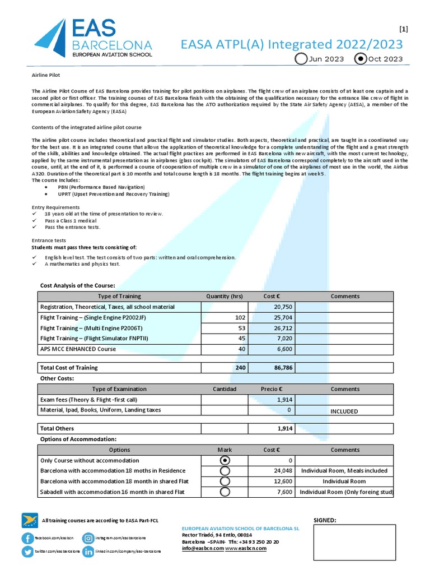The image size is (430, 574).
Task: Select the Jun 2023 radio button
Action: click(301, 59)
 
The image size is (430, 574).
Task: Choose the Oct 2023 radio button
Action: click(361, 59)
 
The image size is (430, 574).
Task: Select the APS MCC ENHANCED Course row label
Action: click(78, 349)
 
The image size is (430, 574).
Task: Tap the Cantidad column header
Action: click(225, 389)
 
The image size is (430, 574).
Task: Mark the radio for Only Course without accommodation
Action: click(225, 460)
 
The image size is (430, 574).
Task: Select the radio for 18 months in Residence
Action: click(225, 471)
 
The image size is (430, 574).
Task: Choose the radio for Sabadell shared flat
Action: click(225, 492)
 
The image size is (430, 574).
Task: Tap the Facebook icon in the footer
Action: click(27, 538)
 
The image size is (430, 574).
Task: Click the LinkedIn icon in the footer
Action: click(88, 552)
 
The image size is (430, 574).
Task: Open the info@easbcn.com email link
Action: click(203, 548)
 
